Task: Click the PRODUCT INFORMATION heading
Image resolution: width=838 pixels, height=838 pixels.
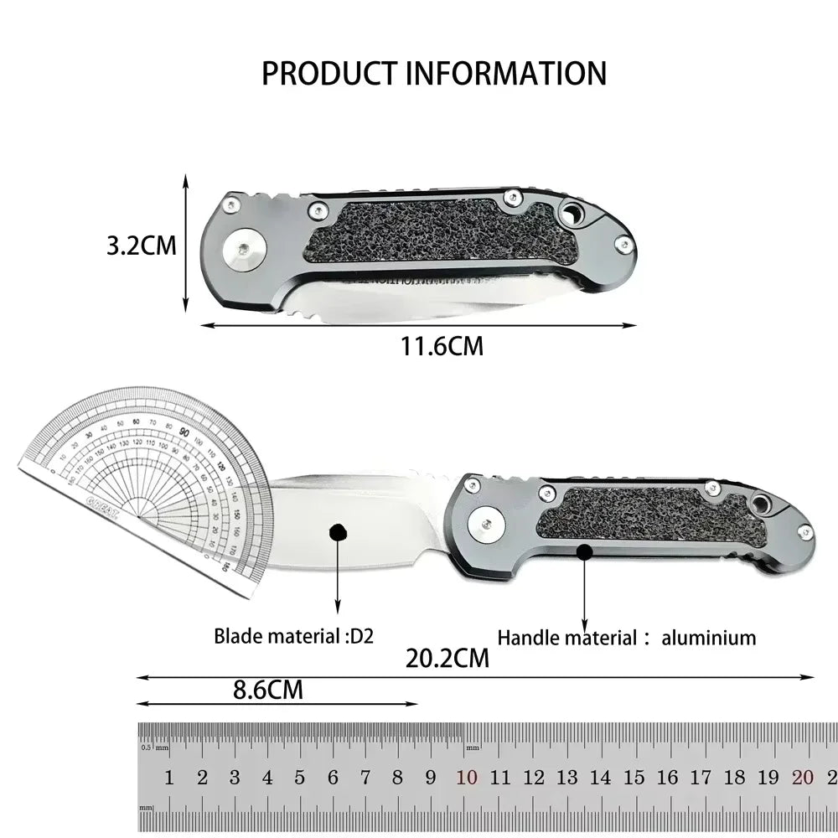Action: coord(434,74)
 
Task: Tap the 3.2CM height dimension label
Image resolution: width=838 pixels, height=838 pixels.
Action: coord(142,246)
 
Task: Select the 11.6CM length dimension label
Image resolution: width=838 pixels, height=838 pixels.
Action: coord(442,345)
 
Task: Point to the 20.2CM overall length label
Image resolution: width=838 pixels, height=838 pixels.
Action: coord(447,658)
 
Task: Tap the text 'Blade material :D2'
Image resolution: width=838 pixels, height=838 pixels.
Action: coord(293,636)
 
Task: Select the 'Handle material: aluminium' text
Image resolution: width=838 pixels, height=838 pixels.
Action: coord(627,638)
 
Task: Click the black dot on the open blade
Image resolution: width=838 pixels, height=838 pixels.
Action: coord(338,532)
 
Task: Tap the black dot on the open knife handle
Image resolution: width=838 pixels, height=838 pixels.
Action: coord(584,551)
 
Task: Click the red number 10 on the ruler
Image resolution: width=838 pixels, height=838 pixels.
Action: coord(467,778)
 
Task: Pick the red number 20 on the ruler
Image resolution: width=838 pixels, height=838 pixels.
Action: coord(802,778)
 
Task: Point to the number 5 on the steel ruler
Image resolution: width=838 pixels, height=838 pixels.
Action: coord(300,778)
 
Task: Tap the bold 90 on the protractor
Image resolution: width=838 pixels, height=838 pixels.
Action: coord(184,432)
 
